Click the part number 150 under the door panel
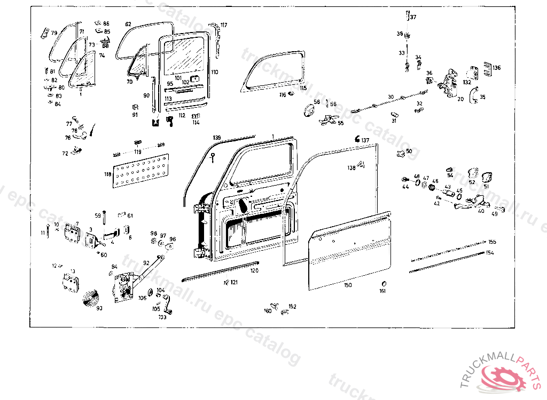[348, 285]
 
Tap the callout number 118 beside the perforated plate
[107, 174]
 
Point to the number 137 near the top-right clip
[365, 140]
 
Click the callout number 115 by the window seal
[303, 88]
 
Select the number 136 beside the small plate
[497, 68]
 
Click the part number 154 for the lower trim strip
[490, 252]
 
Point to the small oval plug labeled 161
[382, 283]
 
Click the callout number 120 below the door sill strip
[254, 271]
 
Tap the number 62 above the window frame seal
[128, 25]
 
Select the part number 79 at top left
[54, 33]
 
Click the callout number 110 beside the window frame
[214, 71]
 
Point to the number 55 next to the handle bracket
[340, 123]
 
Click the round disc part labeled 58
[309, 111]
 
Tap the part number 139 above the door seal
[216, 138]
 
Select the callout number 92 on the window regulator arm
[146, 262]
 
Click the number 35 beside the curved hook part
[482, 97]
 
